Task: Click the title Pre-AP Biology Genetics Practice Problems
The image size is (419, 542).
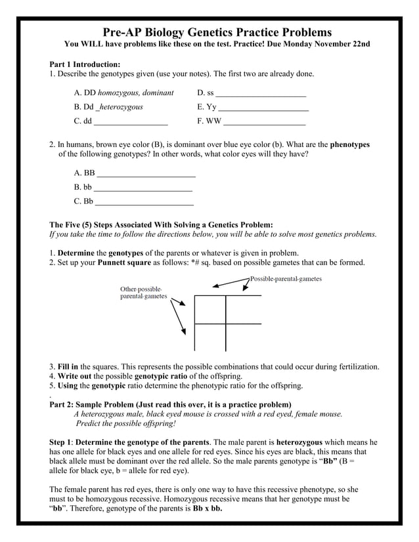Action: tap(209, 32)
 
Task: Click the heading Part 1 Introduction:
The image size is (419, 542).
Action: tap(85, 64)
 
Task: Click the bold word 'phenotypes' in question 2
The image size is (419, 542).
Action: tap(349, 144)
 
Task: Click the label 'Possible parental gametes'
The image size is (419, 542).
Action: tap(286, 279)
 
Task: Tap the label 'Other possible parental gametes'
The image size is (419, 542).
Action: tap(143, 293)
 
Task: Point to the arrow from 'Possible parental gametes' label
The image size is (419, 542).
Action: tap(230, 282)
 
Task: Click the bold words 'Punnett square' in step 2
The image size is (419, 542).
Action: tap(125, 263)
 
